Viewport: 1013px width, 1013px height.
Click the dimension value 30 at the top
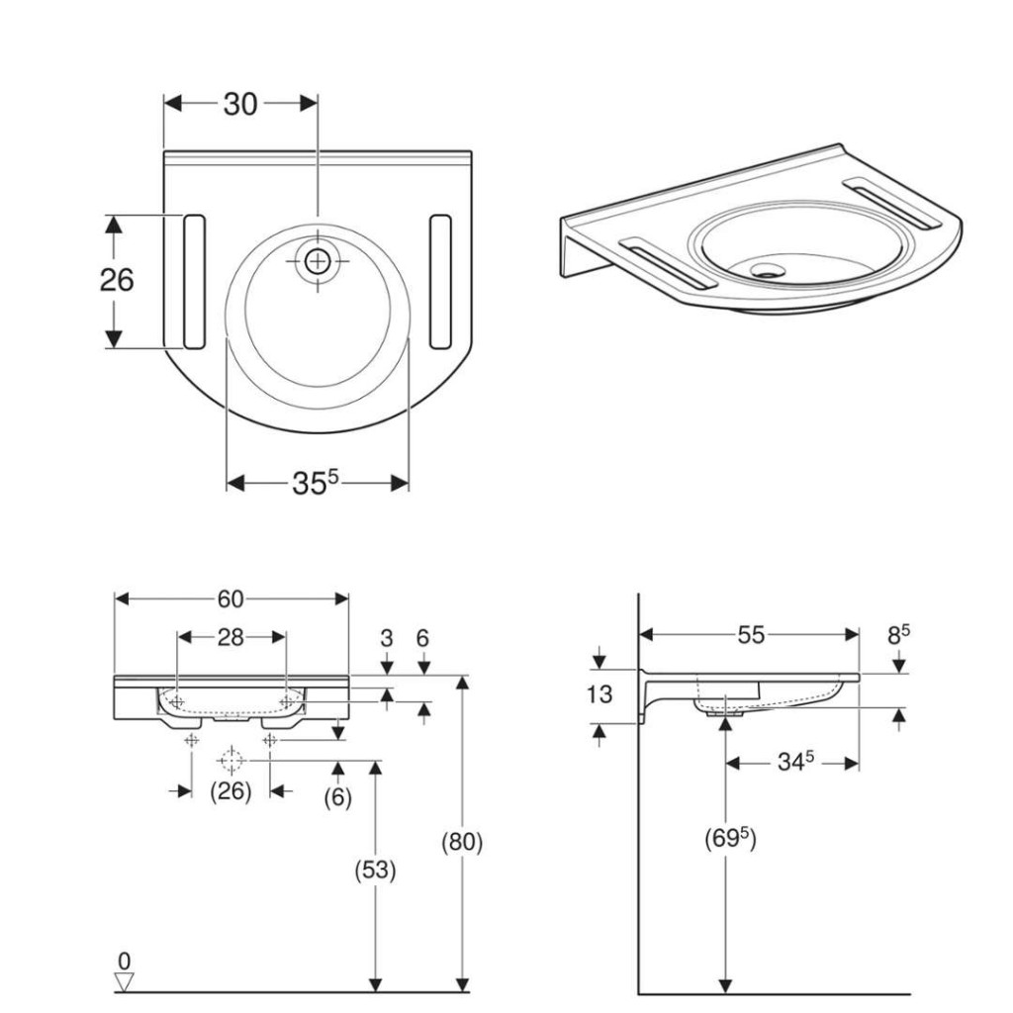(240, 104)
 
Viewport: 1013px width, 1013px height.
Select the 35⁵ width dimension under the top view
(316, 482)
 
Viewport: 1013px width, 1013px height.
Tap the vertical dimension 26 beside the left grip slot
(117, 280)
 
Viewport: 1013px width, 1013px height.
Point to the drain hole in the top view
(318, 261)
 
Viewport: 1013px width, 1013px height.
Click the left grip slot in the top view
(195, 282)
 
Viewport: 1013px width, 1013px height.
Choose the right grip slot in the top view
(440, 282)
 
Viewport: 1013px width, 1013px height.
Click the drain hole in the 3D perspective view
(768, 269)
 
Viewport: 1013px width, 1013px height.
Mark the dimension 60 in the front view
(230, 599)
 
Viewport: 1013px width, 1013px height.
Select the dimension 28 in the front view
(230, 638)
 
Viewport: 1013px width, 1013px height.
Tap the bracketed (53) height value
(375, 871)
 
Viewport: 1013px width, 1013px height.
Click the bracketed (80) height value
(462, 842)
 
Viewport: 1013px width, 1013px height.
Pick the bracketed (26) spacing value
(230, 790)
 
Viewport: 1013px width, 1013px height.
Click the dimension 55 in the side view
(751, 635)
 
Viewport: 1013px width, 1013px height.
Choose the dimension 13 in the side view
(599, 694)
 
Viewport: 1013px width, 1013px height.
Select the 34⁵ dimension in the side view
(795, 762)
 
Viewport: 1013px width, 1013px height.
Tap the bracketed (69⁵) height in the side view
(730, 839)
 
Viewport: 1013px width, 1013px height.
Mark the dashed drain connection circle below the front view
(230, 761)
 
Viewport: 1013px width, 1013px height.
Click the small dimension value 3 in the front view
(387, 638)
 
